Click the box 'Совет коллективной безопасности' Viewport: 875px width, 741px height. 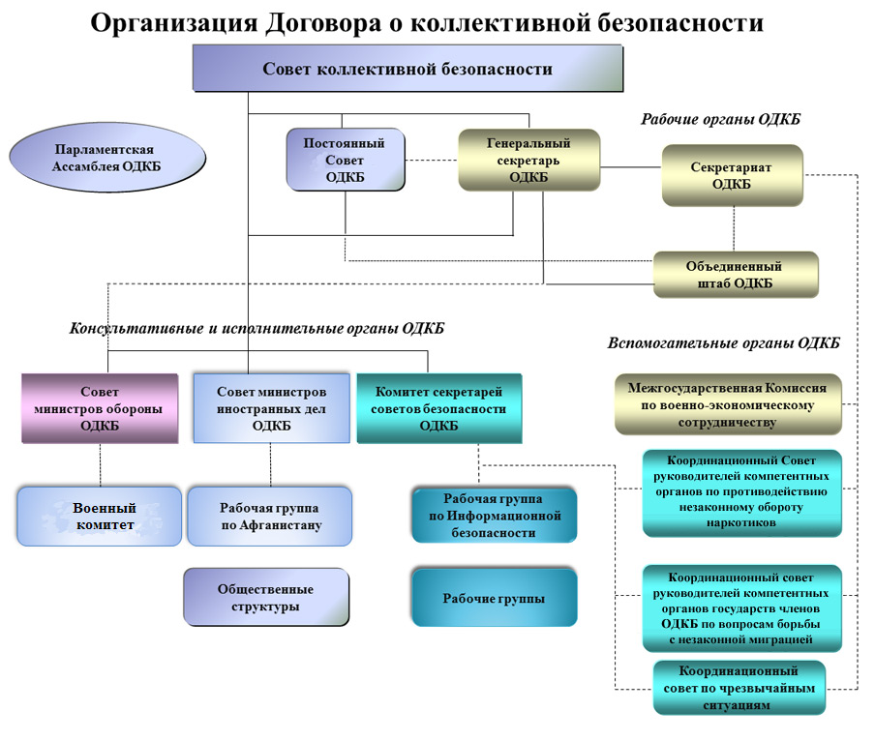(x=407, y=69)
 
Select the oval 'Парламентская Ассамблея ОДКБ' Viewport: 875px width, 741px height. (x=107, y=158)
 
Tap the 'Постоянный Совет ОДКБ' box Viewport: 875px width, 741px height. (x=345, y=160)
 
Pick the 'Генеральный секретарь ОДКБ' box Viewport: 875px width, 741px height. (x=528, y=160)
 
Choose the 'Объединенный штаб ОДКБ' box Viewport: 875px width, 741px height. (x=735, y=275)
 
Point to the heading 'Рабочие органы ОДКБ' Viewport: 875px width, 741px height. (x=721, y=119)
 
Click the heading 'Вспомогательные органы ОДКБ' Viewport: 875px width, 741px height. (x=723, y=343)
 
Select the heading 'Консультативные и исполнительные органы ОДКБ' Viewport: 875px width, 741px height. (x=256, y=329)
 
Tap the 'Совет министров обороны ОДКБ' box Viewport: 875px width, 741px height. (x=100, y=408)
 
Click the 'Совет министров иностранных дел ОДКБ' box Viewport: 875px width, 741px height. (x=271, y=408)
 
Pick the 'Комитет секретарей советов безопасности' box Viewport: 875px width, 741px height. (x=438, y=408)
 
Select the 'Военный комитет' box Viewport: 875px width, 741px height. (x=100, y=517)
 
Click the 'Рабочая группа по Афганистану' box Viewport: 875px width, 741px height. (x=269, y=517)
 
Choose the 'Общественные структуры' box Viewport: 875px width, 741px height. (x=265, y=597)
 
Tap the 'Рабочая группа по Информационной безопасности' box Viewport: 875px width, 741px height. (x=494, y=517)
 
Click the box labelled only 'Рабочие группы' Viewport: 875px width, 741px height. (x=494, y=599)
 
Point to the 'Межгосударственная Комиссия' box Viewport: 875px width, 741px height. (x=728, y=404)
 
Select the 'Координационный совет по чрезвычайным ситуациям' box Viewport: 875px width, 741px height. (x=739, y=688)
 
